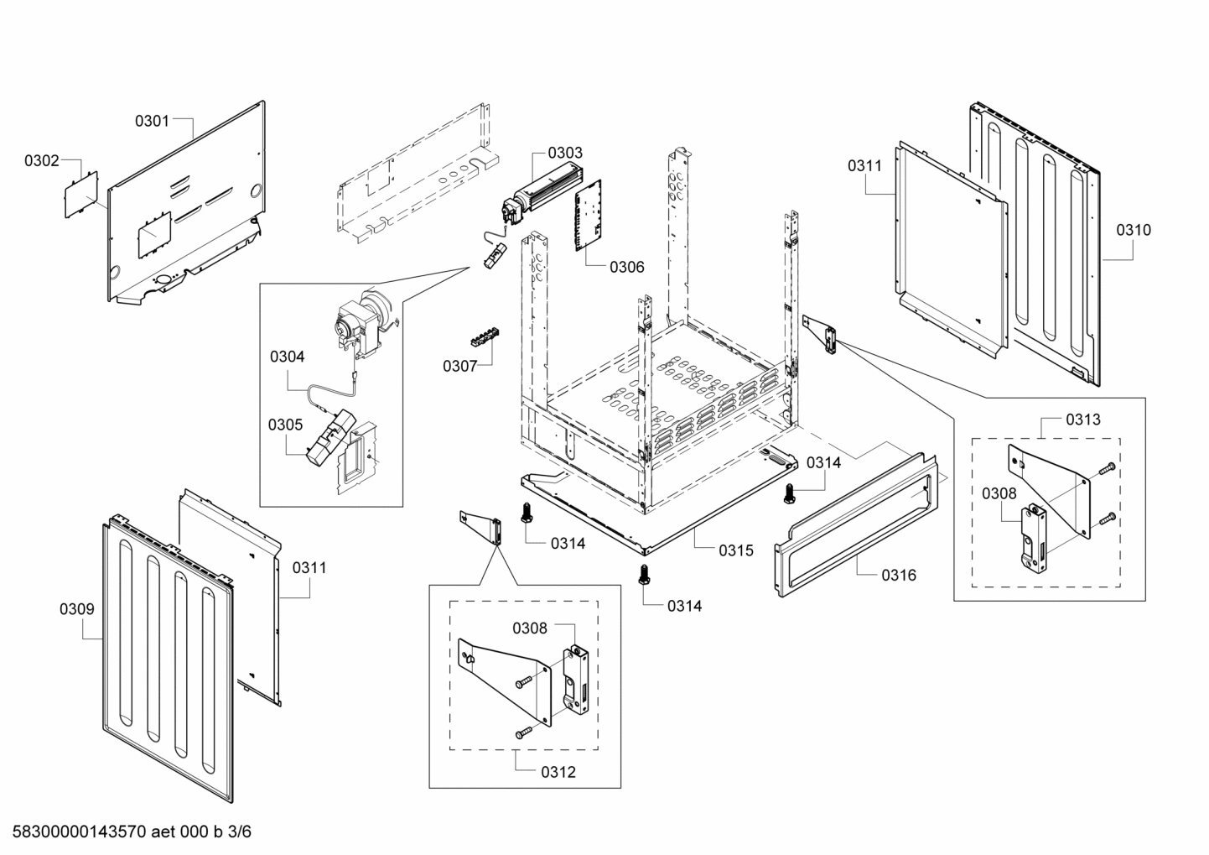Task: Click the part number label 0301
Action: coord(152,121)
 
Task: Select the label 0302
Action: coord(41,160)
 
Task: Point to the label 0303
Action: coord(565,153)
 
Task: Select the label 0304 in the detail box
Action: coord(287,357)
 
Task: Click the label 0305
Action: coord(285,425)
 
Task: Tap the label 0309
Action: coord(76,609)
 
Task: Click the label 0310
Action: coord(1134,230)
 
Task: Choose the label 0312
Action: coord(558,772)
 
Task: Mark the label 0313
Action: coord(1083,419)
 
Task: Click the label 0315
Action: coord(735,550)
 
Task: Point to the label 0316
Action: coord(898,575)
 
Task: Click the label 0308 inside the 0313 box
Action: coord(999,494)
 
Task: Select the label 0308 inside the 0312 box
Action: coord(530,628)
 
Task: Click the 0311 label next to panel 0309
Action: coord(309,568)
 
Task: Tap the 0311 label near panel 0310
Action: coord(864,165)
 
